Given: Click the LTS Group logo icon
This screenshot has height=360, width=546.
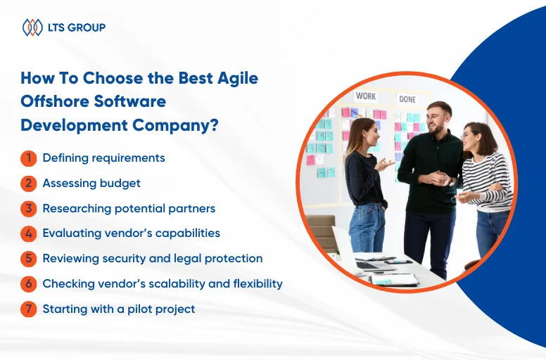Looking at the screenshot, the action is click(x=32, y=27).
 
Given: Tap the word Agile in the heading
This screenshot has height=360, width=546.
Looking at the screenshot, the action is click(x=238, y=79).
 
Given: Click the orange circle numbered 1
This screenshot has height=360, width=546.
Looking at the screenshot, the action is click(x=29, y=158).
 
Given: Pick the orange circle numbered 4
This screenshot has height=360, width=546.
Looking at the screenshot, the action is click(x=29, y=233).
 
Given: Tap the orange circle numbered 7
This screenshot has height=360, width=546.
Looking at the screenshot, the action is click(x=29, y=309).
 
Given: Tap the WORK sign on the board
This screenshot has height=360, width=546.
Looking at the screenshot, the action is click(x=366, y=96).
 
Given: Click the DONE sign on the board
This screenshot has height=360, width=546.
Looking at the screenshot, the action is click(x=407, y=99).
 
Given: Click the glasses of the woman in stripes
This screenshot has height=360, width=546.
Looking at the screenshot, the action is click(x=466, y=136).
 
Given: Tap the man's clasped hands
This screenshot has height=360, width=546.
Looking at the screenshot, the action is click(x=438, y=178).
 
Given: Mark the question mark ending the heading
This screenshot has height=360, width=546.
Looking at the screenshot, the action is click(x=214, y=125).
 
